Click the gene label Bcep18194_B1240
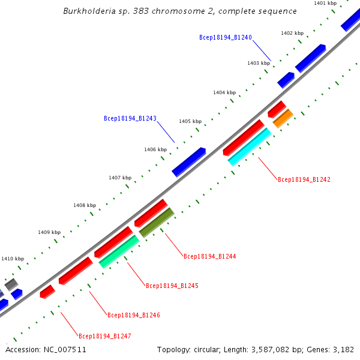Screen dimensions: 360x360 pyautogui.click(x=225, y=37)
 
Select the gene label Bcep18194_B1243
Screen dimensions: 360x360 pyautogui.click(x=130, y=119)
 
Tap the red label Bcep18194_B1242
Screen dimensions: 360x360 pyautogui.click(x=304, y=179)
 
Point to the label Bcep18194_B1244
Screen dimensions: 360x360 pyautogui.click(x=209, y=256)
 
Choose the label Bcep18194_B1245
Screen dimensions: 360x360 pyautogui.click(x=172, y=286)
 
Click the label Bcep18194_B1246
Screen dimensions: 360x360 pyautogui.click(x=134, y=315)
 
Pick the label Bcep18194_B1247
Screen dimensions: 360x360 pyautogui.click(x=105, y=336)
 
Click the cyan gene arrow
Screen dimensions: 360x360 pyautogui.click(x=250, y=147)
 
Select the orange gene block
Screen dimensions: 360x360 pyautogui.click(x=283, y=118)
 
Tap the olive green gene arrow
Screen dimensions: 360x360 pyautogui.click(x=156, y=222)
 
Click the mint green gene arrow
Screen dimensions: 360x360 pyautogui.click(x=119, y=251)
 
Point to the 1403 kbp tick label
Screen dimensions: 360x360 pyautogui.click(x=259, y=63)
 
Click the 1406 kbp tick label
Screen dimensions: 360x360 pyautogui.click(x=155, y=149)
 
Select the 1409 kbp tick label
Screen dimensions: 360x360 pyautogui.click(x=49, y=232)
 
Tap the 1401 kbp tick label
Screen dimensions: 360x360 pyautogui.click(x=325, y=4)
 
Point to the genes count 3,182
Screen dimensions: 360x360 pyautogui.click(x=343, y=349)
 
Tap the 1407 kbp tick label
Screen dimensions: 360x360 pyautogui.click(x=120, y=178)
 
